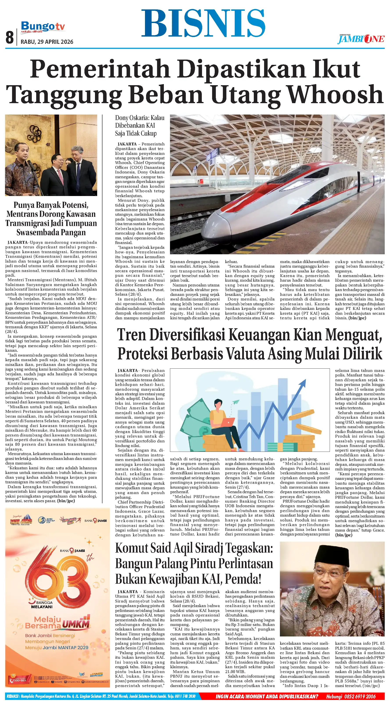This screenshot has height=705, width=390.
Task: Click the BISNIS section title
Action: [203, 23]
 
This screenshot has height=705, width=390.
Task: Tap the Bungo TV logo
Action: [43, 27]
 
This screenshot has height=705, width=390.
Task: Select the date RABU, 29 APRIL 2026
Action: [47, 42]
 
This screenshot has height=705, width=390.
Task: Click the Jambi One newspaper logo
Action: [361, 39]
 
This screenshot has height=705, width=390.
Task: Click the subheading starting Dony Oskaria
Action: [140, 126]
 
